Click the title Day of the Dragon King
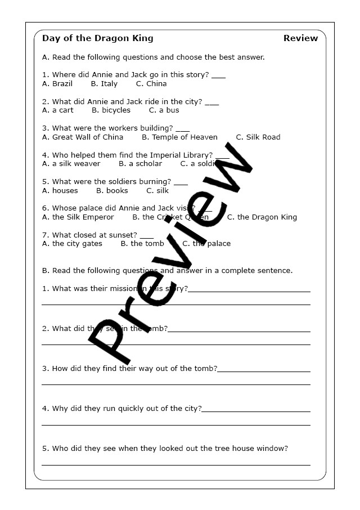tap(97, 38)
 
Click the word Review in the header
tap(300, 38)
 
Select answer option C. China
tap(151, 84)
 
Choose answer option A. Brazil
tap(57, 84)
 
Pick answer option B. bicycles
tap(111, 110)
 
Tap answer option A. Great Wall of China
tap(83, 137)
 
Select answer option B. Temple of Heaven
tap(179, 137)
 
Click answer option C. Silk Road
tap(258, 137)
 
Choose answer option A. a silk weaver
tap(71, 164)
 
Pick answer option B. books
tap(112, 191)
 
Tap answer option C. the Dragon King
tap(262, 217)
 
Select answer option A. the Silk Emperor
tap(78, 217)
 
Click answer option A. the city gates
tap(72, 244)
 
